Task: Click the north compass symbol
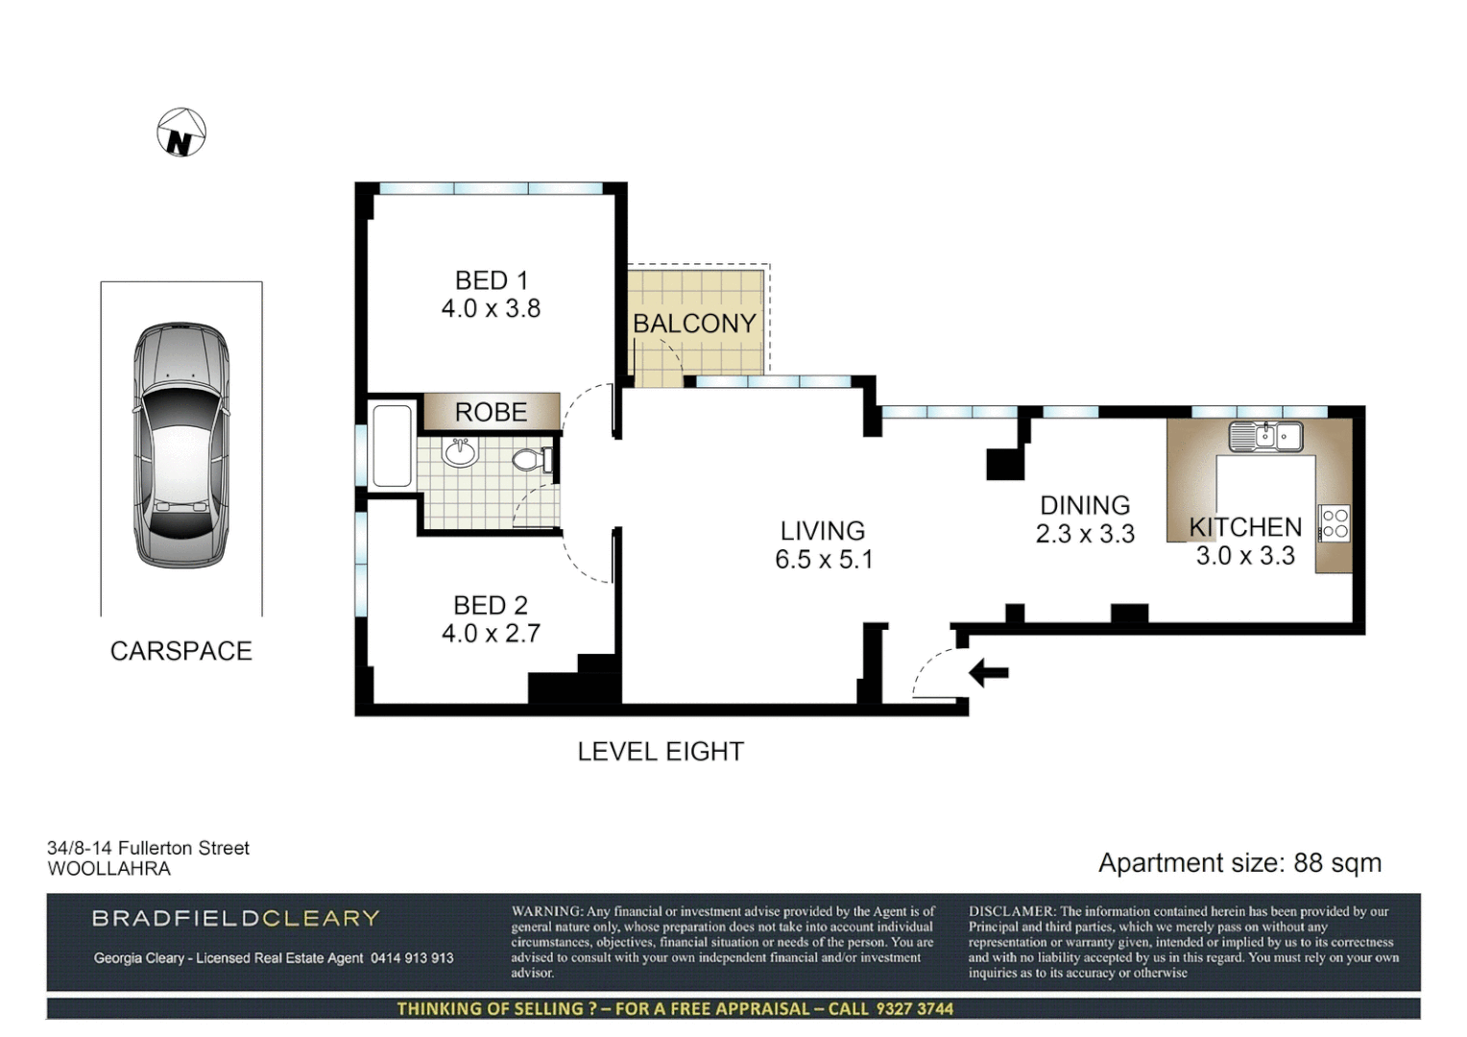point(181,133)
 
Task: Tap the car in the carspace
point(181,445)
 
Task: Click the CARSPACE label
point(180,651)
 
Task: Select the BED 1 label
point(491,280)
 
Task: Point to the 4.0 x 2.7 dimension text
point(491,634)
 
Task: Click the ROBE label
point(491,412)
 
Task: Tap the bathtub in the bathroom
point(392,446)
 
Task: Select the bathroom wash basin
point(461,451)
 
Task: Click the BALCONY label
point(694,324)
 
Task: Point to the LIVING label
point(822,531)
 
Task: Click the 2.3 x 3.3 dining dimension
point(1085,534)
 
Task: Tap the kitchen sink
point(1265,437)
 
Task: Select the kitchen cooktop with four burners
point(1335,523)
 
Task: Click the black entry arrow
point(988,673)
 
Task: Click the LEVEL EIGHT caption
point(661,752)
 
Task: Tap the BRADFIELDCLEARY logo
point(236,918)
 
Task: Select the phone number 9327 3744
point(913,1008)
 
